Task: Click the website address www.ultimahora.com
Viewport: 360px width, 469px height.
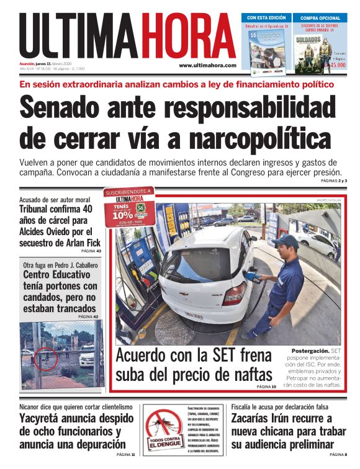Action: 207,65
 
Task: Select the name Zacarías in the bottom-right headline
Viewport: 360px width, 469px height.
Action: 258,418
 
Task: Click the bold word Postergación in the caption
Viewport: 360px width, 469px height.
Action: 310,352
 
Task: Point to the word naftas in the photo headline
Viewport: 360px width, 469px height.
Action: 248,376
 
